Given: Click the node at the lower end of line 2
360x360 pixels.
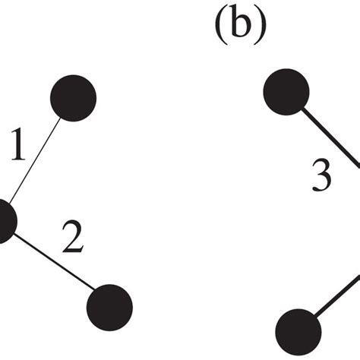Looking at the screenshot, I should (110, 306).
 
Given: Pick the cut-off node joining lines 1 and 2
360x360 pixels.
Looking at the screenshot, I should (4, 221).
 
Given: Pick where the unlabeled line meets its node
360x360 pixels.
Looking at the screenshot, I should (314, 318).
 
